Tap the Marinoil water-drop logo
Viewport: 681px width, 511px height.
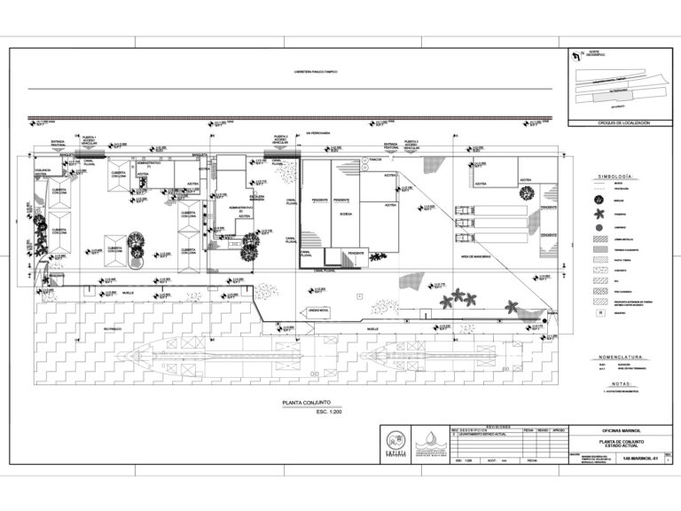pos(430,441)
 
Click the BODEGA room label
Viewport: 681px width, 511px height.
pos(345,214)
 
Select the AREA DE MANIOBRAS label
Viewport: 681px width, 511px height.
pos(476,255)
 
